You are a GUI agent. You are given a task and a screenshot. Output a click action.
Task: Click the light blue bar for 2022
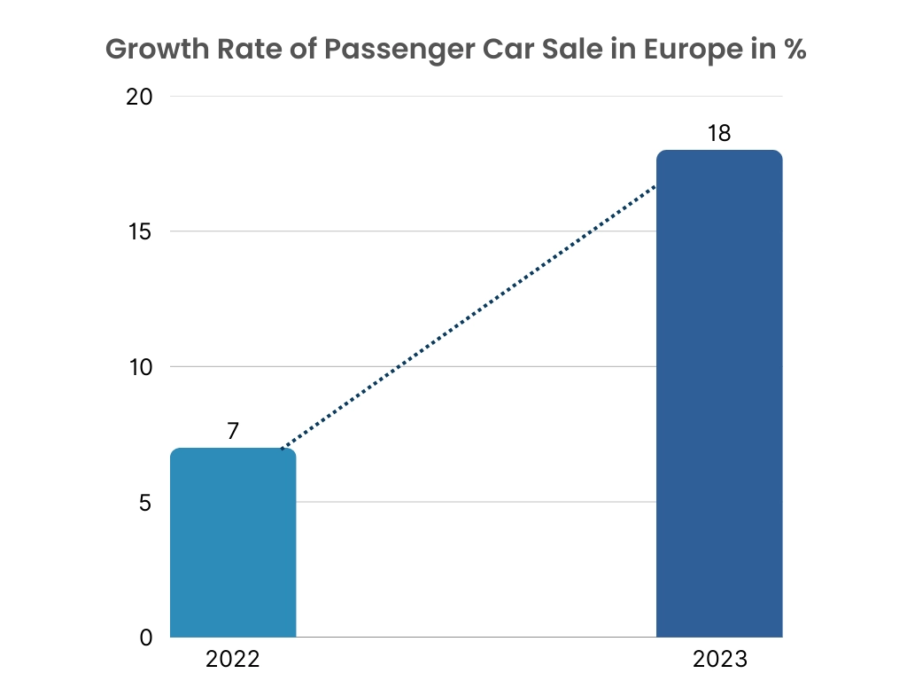tap(233, 543)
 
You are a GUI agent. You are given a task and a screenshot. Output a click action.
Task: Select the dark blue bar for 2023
tap(719, 394)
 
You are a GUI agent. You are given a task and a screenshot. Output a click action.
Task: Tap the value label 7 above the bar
tap(233, 431)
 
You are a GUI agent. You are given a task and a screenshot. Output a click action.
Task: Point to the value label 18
tap(719, 133)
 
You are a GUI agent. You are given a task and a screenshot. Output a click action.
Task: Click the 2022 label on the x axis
tap(233, 660)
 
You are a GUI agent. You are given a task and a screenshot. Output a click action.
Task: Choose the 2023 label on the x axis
tap(720, 660)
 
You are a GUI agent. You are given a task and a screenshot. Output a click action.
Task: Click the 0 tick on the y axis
tap(147, 638)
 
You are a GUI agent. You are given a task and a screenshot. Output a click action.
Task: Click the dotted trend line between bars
tap(468, 317)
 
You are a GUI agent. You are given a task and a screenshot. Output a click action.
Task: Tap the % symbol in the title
tap(790, 50)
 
